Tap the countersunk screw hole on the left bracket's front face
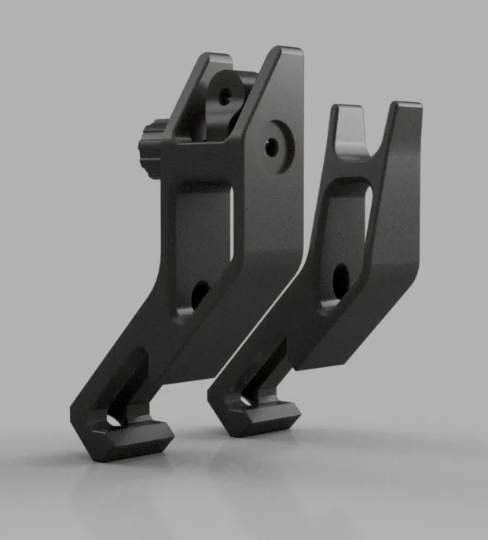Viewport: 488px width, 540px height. tap(272, 145)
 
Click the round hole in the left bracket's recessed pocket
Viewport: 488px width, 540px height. tap(199, 294)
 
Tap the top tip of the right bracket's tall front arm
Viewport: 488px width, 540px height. tap(406, 108)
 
